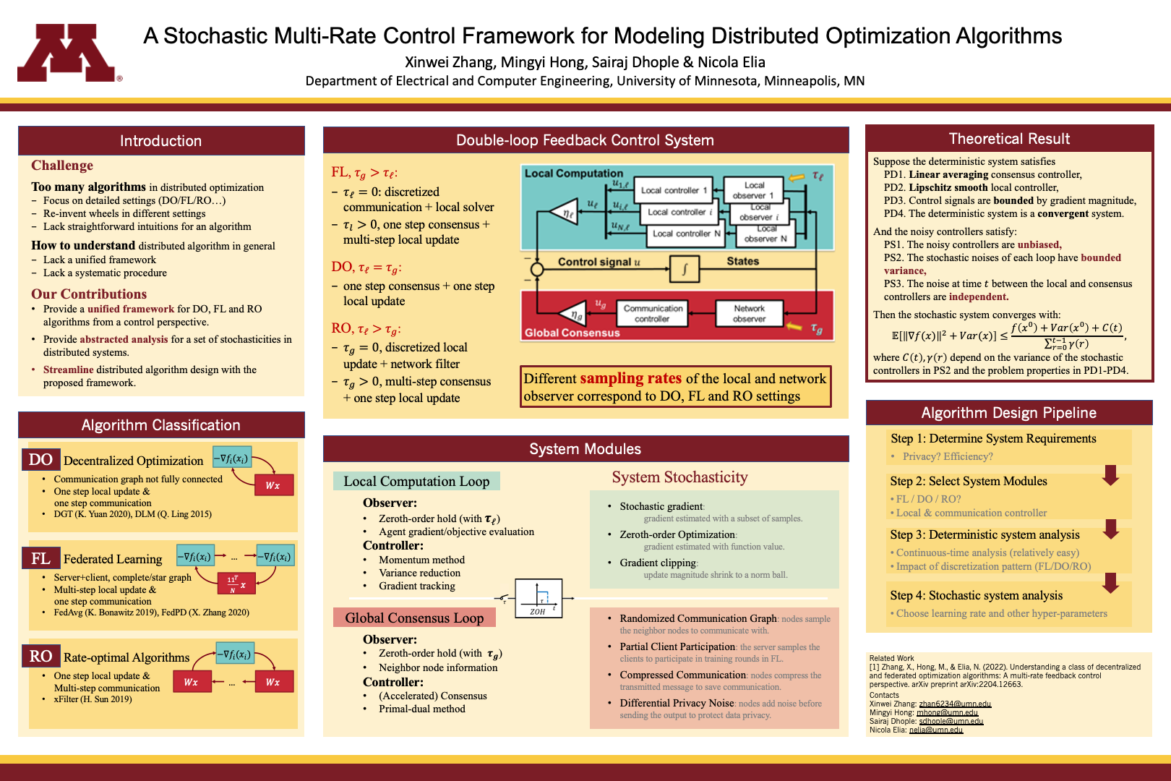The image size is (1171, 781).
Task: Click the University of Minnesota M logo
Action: coord(66,53)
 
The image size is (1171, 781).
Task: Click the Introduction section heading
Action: coord(160,141)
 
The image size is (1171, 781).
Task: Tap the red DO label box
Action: coord(40,460)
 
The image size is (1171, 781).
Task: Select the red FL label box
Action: coord(40,558)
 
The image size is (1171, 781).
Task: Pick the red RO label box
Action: coord(40,656)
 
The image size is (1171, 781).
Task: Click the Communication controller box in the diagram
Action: coord(652,313)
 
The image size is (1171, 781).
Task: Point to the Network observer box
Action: coord(749,313)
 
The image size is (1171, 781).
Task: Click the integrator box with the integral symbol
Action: coord(684,269)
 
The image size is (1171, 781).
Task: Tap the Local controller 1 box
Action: coord(674,190)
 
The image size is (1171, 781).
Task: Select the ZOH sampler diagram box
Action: coord(539,598)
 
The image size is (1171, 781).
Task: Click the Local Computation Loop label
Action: coord(416,482)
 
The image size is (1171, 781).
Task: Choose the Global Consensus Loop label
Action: coord(414,618)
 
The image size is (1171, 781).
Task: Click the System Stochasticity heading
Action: coord(679,477)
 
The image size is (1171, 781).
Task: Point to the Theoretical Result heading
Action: coord(1009,139)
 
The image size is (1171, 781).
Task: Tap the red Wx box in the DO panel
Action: coord(273,485)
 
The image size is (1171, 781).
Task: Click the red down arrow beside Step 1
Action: coord(1111,475)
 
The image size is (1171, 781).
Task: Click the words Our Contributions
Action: coord(89,294)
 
